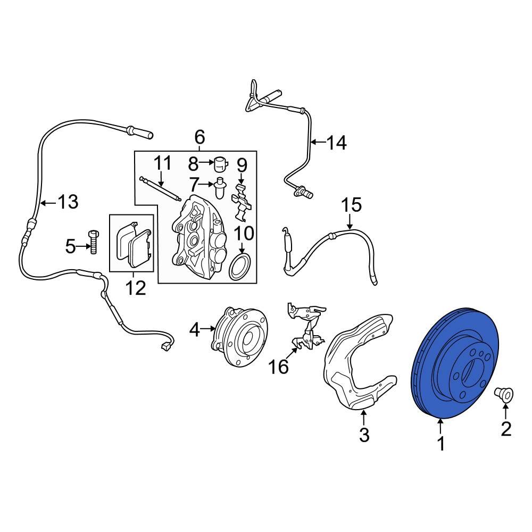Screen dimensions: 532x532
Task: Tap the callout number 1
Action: point(440,443)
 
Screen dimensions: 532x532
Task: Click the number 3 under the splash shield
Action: point(364,435)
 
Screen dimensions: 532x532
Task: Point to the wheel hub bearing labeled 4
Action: point(239,336)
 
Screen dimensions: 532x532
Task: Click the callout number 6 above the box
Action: point(199,137)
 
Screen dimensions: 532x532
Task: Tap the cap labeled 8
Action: point(220,162)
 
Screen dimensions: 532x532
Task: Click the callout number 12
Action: point(135,288)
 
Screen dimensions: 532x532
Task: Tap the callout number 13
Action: point(68,202)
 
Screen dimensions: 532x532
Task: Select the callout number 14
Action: point(336,143)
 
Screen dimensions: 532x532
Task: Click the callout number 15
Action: point(351,205)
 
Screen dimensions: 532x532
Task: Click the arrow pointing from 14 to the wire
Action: point(318,142)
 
